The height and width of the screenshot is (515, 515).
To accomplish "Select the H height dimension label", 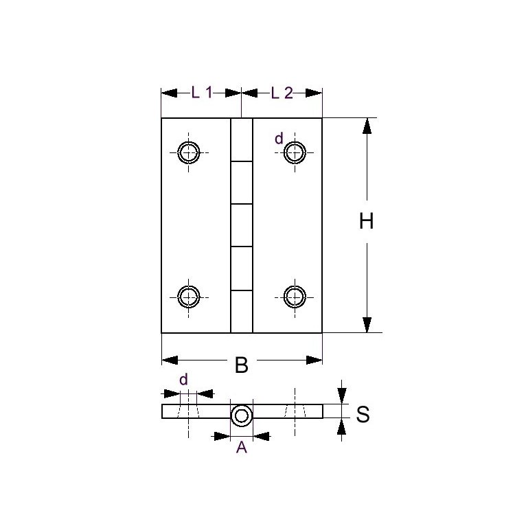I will tap(367, 222).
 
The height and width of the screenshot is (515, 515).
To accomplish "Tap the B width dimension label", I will tap(241, 365).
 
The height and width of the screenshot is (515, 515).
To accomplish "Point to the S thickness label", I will tap(363, 415).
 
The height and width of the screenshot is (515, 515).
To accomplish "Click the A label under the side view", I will tap(241, 448).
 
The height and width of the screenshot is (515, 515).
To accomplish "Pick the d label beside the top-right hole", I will tap(279, 139).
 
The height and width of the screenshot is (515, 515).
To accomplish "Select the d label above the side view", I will tap(183, 380).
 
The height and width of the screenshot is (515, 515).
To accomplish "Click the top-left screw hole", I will tap(188, 152).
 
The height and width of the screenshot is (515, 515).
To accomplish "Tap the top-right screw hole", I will tap(295, 152).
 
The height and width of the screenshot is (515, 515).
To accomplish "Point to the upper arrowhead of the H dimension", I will tap(367, 126).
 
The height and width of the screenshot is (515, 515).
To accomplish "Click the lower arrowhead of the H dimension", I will tap(367, 325).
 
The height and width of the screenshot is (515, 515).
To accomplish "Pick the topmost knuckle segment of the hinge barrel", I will tap(241, 140).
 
